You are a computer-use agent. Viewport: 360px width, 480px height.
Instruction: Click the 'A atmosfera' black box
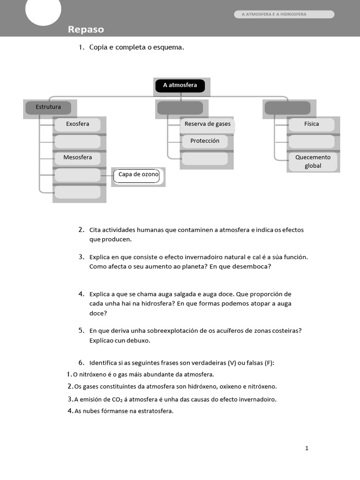[180, 85]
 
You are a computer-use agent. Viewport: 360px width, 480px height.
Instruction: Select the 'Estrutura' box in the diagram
[48, 107]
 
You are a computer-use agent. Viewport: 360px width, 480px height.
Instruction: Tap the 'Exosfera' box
[77, 124]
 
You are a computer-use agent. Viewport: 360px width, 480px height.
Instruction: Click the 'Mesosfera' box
[77, 157]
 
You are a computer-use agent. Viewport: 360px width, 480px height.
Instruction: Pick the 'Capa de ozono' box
[138, 175]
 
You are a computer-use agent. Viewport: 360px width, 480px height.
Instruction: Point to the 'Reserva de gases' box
[207, 125]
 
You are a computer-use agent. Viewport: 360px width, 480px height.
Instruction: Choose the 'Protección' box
[205, 141]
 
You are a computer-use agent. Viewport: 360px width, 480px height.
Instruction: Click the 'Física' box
[311, 124]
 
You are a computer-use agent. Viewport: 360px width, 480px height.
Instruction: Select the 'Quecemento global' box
[313, 162]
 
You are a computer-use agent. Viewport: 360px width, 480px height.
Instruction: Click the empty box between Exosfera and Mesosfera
[77, 141]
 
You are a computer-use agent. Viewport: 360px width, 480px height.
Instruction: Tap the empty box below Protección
[205, 158]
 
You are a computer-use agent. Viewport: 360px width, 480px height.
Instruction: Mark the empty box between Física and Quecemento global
[311, 141]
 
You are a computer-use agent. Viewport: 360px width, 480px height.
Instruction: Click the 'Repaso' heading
[86, 30]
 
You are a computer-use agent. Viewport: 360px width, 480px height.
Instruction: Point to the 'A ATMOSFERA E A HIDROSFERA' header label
[274, 15]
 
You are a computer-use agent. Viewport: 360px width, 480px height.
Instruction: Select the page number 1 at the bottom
[307, 448]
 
